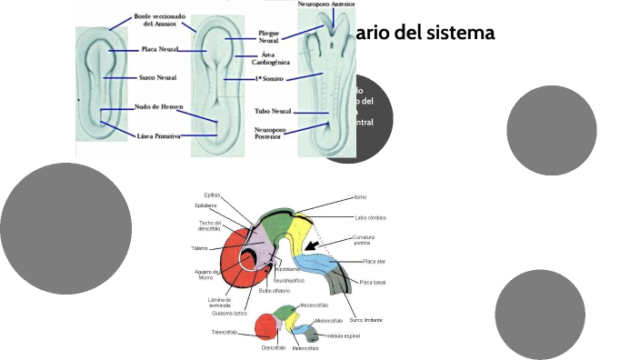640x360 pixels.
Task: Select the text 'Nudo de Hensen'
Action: coord(160,107)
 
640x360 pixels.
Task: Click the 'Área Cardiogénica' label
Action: coord(270,58)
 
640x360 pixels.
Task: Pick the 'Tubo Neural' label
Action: coord(273,111)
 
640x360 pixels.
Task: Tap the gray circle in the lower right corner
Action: coord(540,315)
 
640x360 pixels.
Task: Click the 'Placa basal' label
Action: coord(373,283)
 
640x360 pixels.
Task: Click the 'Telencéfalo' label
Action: coord(225,332)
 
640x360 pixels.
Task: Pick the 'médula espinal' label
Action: coord(344,335)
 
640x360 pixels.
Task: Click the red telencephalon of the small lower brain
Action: coord(265,326)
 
